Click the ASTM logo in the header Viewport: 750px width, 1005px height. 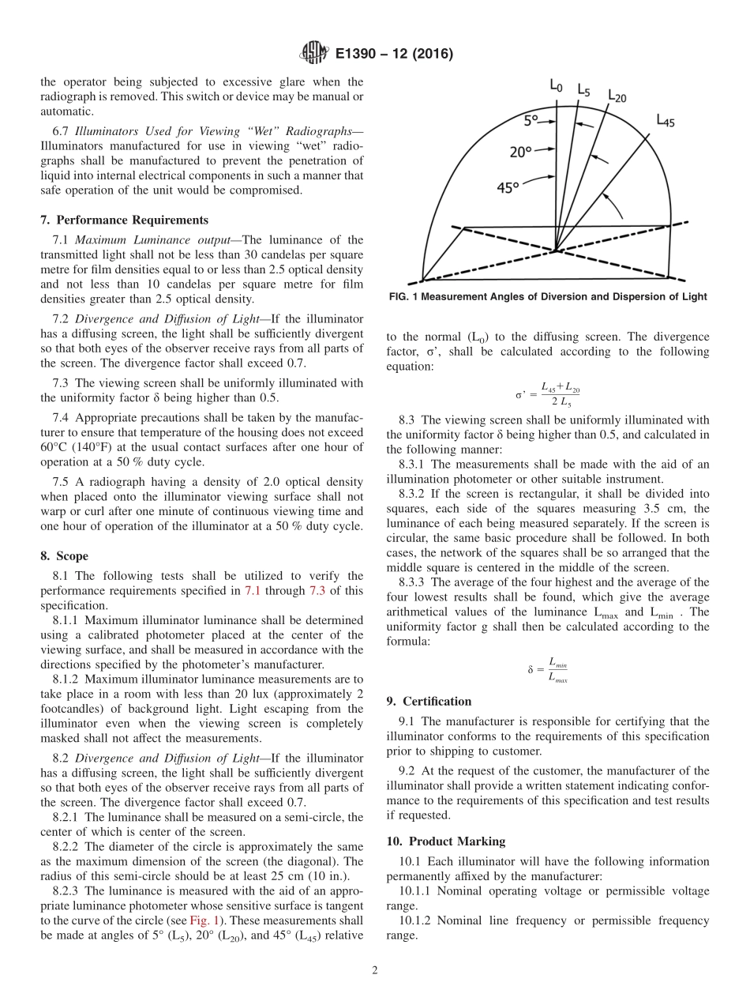[313, 54]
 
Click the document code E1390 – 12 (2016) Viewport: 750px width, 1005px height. [393, 55]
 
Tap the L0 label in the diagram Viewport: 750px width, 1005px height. [556, 85]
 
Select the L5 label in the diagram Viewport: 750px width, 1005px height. [583, 90]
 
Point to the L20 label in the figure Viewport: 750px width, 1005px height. [617, 96]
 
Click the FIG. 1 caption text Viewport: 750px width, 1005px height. [548, 296]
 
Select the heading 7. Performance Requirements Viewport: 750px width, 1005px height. [124, 220]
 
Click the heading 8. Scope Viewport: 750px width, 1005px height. [65, 556]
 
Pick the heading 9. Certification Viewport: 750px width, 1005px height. [429, 702]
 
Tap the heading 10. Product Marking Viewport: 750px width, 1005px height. [446, 841]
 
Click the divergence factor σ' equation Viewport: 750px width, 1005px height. [548, 393]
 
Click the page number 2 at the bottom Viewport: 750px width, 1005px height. [374, 971]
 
